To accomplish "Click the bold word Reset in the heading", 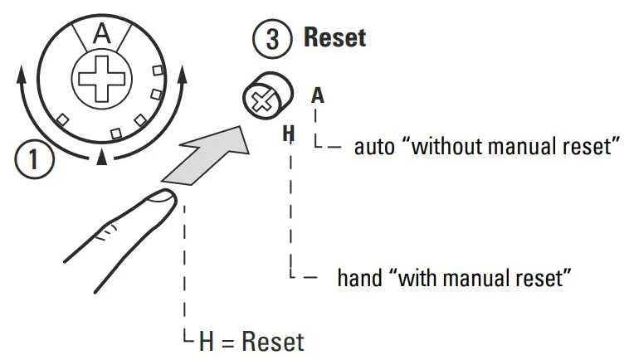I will pos(334,37).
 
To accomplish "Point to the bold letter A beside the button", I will pos(317,95).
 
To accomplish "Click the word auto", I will pos(373,148).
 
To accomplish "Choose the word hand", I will pos(358,277).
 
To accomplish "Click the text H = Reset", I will pos(251,341).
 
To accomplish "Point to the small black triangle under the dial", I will pos(101,157).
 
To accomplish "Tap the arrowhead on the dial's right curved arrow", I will pos(182,77).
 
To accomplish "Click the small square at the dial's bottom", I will pos(116,131).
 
